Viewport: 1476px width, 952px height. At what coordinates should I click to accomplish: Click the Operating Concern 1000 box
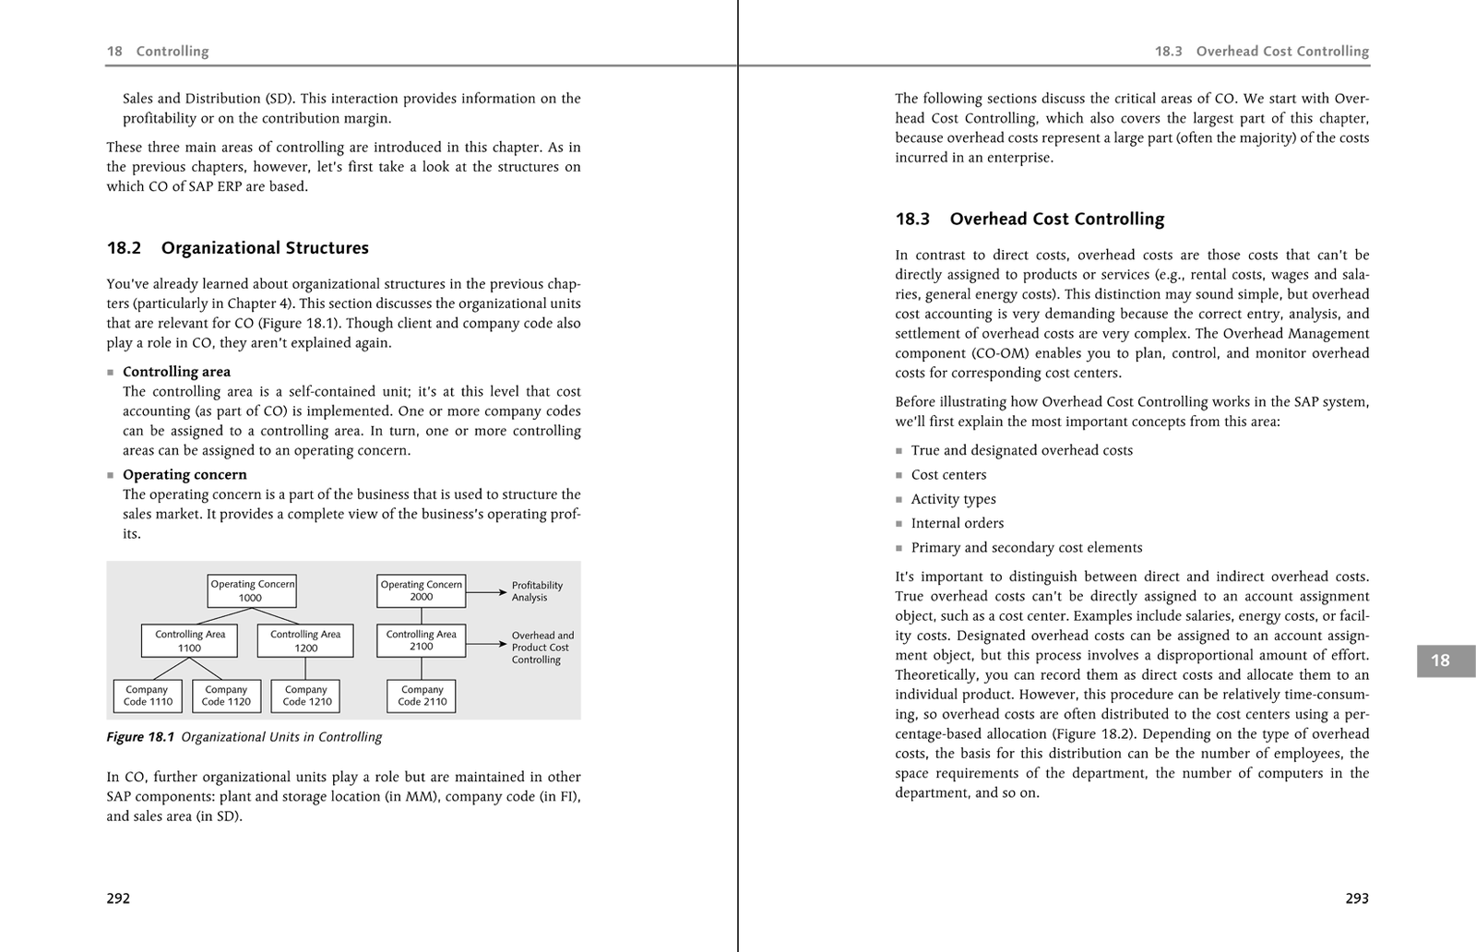252,590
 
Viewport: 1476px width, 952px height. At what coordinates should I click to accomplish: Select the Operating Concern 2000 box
422,590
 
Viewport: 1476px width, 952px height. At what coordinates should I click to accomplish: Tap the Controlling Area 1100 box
189,641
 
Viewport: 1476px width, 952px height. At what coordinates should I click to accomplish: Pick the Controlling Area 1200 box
305,641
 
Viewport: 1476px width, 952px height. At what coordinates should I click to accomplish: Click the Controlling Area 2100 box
422,640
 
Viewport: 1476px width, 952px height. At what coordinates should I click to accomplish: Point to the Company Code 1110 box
148,696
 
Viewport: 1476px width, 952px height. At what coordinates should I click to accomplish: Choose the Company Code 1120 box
227,696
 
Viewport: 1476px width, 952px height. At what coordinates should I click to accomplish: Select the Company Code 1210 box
306,696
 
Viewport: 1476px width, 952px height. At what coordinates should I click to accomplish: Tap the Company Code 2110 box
422,696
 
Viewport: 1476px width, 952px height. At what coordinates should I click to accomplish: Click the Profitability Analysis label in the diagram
537,591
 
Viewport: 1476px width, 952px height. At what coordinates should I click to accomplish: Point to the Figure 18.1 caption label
244,737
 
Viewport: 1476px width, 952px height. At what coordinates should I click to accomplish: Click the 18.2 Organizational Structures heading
238,248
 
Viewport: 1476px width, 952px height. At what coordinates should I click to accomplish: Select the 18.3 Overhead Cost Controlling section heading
1030,220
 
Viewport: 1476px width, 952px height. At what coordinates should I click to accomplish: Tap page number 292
118,898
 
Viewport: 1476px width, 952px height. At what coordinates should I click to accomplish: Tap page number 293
1356,898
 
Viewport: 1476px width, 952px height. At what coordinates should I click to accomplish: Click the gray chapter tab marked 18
1441,660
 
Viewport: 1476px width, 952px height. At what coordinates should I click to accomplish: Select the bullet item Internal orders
957,523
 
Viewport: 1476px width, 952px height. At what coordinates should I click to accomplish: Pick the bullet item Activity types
953,499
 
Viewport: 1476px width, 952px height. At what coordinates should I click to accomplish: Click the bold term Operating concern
184,475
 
